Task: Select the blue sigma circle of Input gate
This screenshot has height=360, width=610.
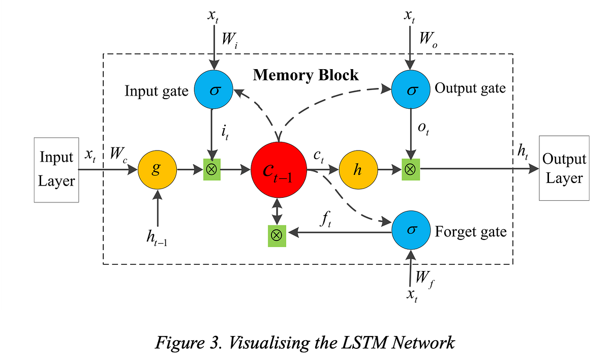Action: pos(213,90)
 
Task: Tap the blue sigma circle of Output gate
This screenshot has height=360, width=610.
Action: pos(411,90)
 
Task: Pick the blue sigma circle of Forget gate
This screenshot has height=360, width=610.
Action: pos(411,230)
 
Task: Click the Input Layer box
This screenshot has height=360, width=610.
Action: pos(56,169)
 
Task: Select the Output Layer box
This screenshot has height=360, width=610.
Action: pos(564,168)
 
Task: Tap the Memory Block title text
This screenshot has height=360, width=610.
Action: pos(306,75)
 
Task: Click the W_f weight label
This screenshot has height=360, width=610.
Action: pos(424,279)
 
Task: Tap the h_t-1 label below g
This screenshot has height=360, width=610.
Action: pos(158,238)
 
